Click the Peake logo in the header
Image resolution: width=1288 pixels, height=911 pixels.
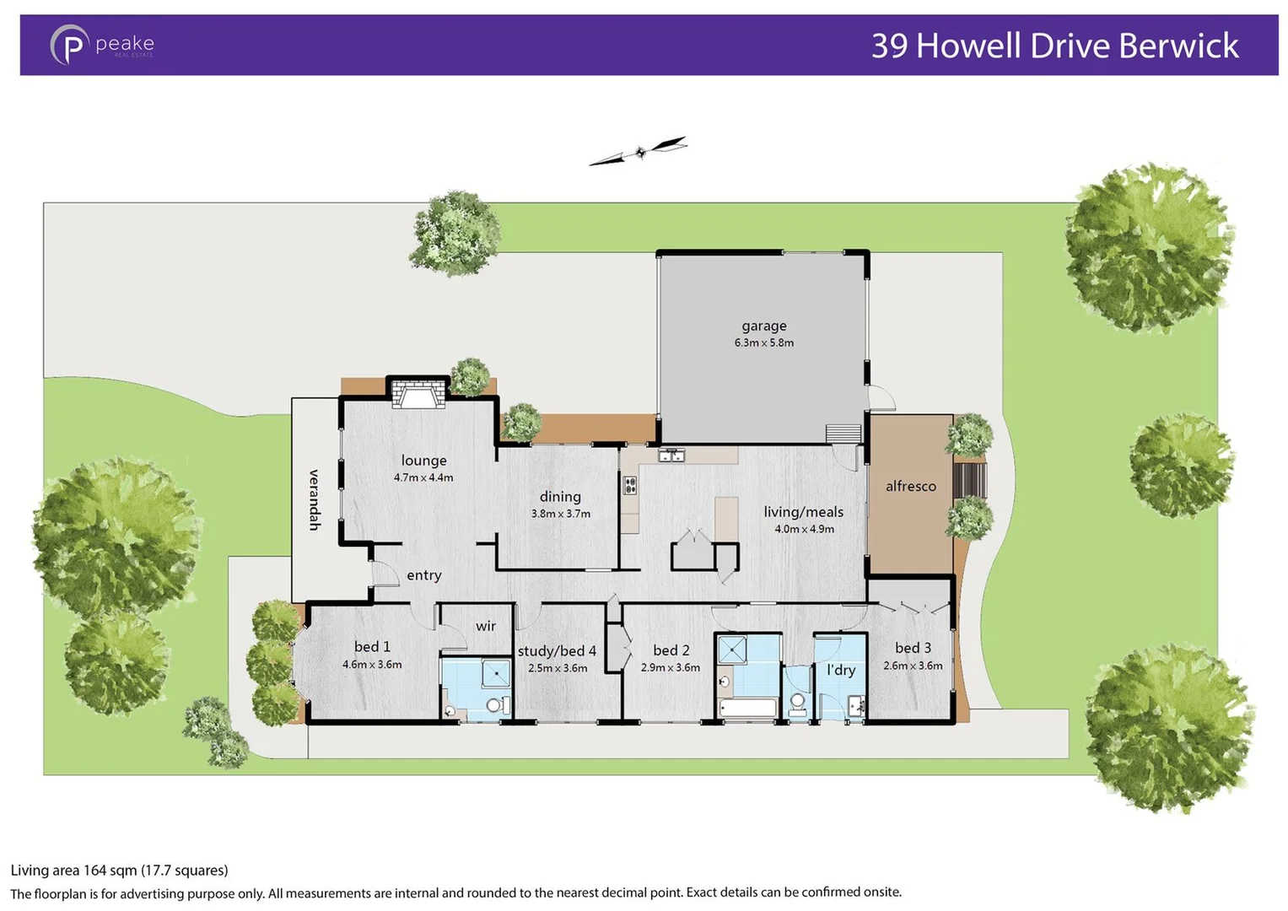(101, 45)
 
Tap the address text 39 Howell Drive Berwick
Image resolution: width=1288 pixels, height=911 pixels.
(1054, 46)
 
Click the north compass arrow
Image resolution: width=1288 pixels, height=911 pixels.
(639, 152)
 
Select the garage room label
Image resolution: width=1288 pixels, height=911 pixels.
(763, 326)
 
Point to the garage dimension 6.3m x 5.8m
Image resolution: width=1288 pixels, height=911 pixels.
(763, 343)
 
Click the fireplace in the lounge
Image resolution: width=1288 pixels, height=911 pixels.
(418, 394)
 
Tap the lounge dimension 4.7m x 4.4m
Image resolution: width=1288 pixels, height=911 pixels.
(423, 477)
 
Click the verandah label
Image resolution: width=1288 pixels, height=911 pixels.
(314, 499)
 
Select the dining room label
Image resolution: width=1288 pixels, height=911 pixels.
(560, 497)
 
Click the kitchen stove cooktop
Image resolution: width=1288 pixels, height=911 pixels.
(630, 485)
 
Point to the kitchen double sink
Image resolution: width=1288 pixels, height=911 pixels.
(671, 455)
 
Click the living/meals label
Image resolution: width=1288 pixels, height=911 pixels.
(803, 512)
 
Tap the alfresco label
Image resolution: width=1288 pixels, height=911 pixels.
(910, 486)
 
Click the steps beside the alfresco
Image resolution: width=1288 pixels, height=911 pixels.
(970, 480)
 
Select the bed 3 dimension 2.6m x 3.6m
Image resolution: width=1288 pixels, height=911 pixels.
(913, 666)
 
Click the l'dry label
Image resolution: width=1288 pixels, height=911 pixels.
(841, 670)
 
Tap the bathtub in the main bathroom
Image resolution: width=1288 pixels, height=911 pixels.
(747, 708)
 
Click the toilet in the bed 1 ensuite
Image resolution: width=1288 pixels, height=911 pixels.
(495, 705)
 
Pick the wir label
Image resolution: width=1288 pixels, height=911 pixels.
(486, 626)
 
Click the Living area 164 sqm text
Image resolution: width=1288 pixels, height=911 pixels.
(119, 870)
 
